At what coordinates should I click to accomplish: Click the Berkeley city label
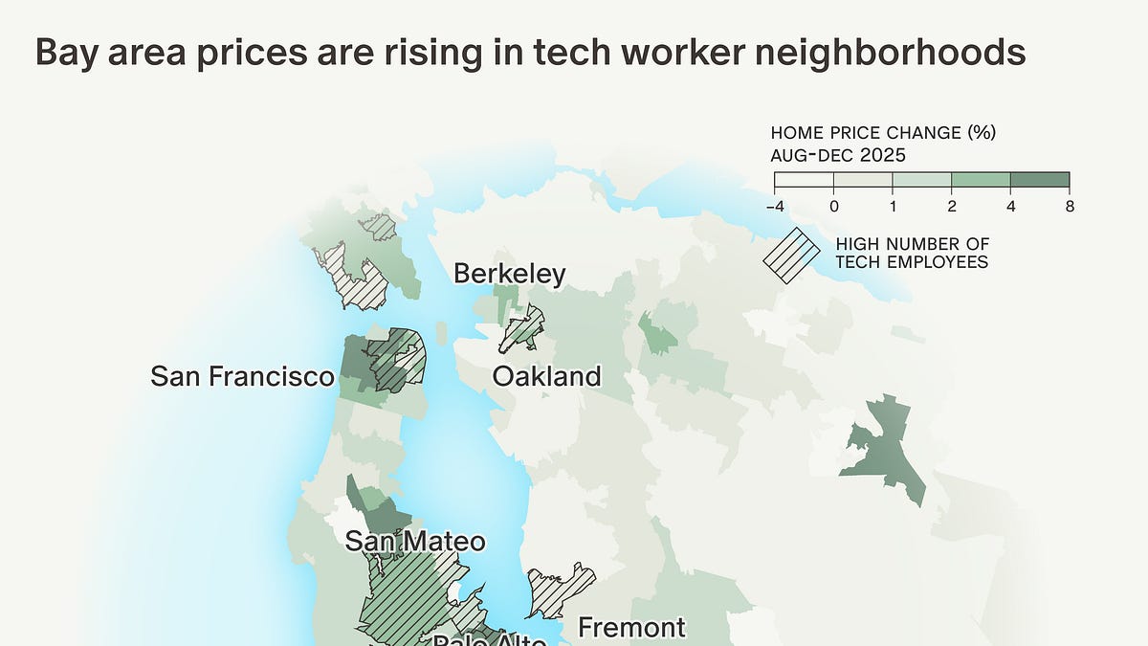click(509, 275)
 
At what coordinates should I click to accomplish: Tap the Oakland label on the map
click(546, 376)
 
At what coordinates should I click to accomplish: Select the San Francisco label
click(242, 376)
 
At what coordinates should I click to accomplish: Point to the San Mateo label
click(414, 541)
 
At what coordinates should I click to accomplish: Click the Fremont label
click(631, 628)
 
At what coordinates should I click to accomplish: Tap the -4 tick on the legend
click(775, 206)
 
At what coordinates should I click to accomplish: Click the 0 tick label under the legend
click(834, 206)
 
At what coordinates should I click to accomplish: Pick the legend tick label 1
click(893, 206)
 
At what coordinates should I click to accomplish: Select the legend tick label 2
click(952, 206)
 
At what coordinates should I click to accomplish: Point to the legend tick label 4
click(1010, 206)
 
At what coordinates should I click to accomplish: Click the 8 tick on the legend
click(1069, 206)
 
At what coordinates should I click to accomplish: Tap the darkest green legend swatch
click(1040, 181)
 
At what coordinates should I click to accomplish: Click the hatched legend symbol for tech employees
click(791, 255)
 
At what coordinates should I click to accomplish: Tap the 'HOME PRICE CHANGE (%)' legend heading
click(876, 132)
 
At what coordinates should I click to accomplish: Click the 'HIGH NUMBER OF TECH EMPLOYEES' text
click(912, 254)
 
